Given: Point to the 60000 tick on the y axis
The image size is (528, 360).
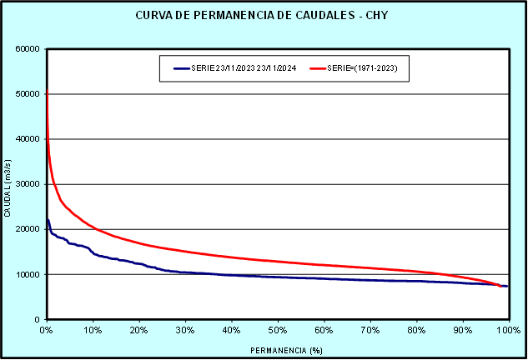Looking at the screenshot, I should point(28,48).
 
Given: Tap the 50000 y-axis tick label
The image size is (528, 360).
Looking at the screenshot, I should point(28,93).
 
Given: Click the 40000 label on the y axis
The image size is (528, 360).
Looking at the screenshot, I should point(28,138).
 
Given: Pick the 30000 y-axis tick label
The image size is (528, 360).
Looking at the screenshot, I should point(28,184).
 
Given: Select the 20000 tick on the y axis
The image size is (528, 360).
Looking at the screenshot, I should point(28,229).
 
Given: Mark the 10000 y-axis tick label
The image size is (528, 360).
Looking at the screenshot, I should point(28,274).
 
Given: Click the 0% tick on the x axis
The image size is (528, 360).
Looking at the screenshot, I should point(47,331).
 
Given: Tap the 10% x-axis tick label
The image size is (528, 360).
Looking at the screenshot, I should point(93,331).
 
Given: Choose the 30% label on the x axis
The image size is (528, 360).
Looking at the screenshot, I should point(185,331).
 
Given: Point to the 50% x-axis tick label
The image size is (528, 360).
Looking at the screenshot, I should point(278,331).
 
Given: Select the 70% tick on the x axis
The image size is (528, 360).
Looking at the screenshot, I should point(370,331).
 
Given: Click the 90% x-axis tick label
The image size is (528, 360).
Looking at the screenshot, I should point(462,331).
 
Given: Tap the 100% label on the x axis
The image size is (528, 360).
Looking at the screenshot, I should point(507,331).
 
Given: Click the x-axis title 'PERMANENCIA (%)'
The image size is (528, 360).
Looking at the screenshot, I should point(277,350).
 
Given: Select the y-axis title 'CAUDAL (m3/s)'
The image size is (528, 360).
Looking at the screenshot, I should point(8,185).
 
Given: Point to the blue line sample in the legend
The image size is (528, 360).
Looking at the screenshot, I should point(183,68).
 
